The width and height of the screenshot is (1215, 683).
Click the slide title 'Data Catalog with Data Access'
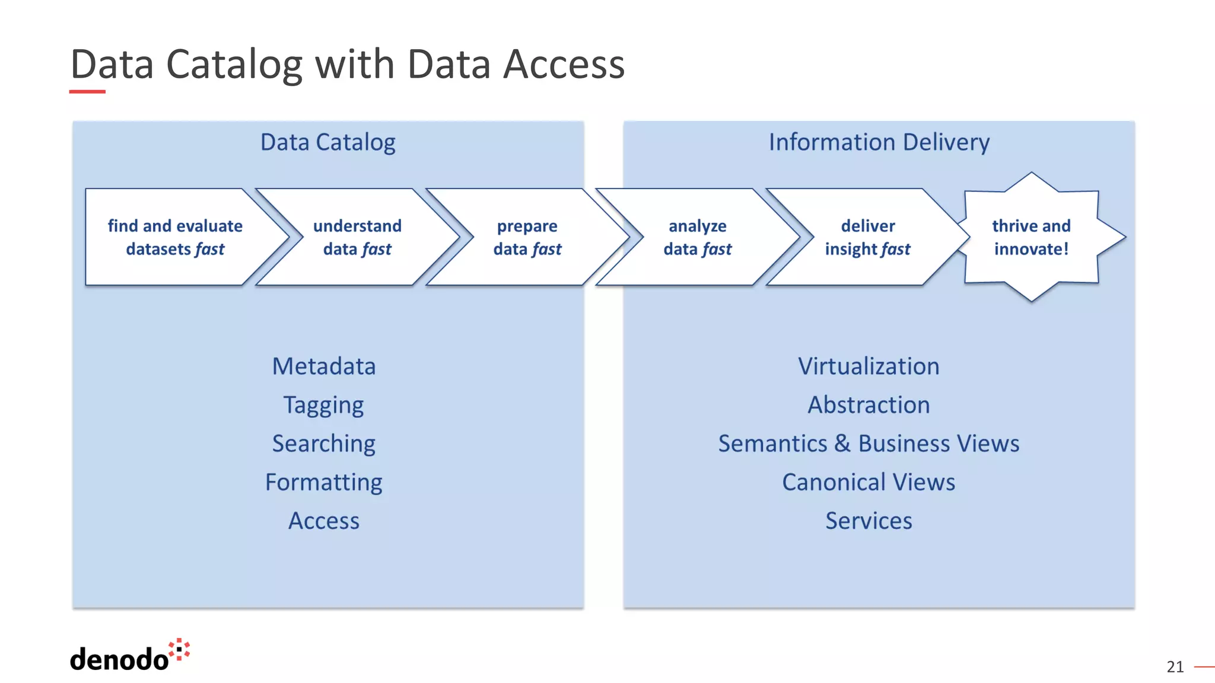pos(348,64)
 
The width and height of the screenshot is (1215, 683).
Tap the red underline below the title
pos(87,92)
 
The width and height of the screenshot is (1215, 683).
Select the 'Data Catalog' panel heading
pos(327,142)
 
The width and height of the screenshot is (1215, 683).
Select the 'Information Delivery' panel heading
pos(879,142)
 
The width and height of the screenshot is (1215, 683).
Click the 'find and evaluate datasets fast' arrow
pos(175,237)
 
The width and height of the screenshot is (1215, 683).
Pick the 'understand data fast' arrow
pos(357,237)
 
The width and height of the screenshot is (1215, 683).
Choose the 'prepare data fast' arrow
pos(527,237)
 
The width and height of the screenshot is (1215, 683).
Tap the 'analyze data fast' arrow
pos(697,237)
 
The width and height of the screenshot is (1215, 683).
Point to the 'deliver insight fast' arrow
pos(867,237)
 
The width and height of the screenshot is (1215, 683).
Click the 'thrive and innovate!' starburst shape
pos(1032,237)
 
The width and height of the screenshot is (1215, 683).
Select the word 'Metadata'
pos(324,366)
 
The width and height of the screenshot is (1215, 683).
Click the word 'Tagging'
pos(324,406)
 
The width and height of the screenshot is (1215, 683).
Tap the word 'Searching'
pos(324,444)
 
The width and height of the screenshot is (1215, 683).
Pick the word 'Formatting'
pos(324,483)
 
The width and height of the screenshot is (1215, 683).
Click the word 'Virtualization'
pos(869,366)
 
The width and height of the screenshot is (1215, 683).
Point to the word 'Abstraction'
pos(869,405)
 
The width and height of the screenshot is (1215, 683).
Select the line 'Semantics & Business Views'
pos(869,443)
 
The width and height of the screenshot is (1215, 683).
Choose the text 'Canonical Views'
pos(869,482)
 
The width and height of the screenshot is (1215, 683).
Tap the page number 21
pos(1175,667)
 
